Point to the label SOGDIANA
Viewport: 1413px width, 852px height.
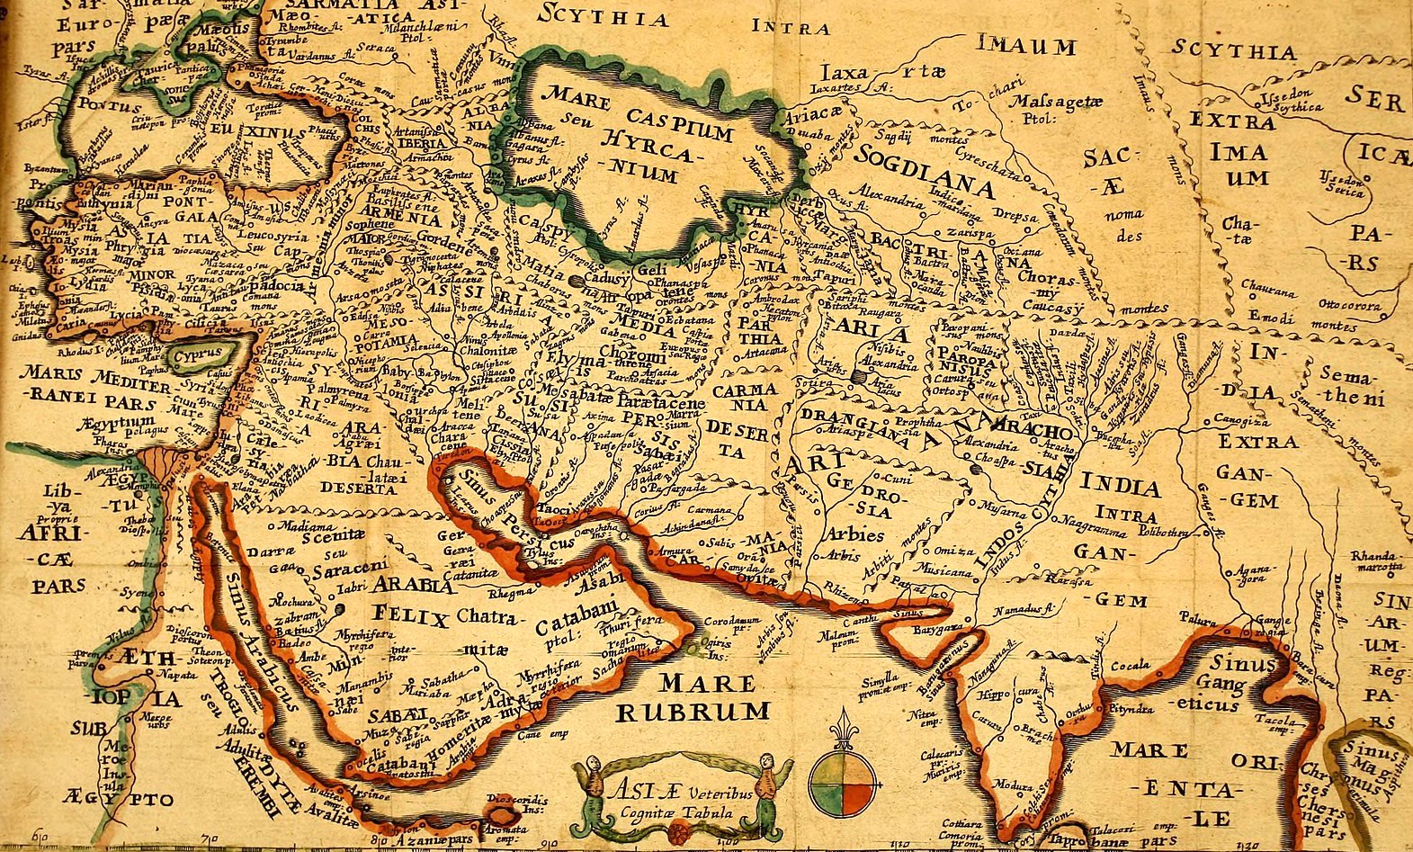point(926,169)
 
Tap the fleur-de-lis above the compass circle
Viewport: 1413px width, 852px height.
point(842,729)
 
